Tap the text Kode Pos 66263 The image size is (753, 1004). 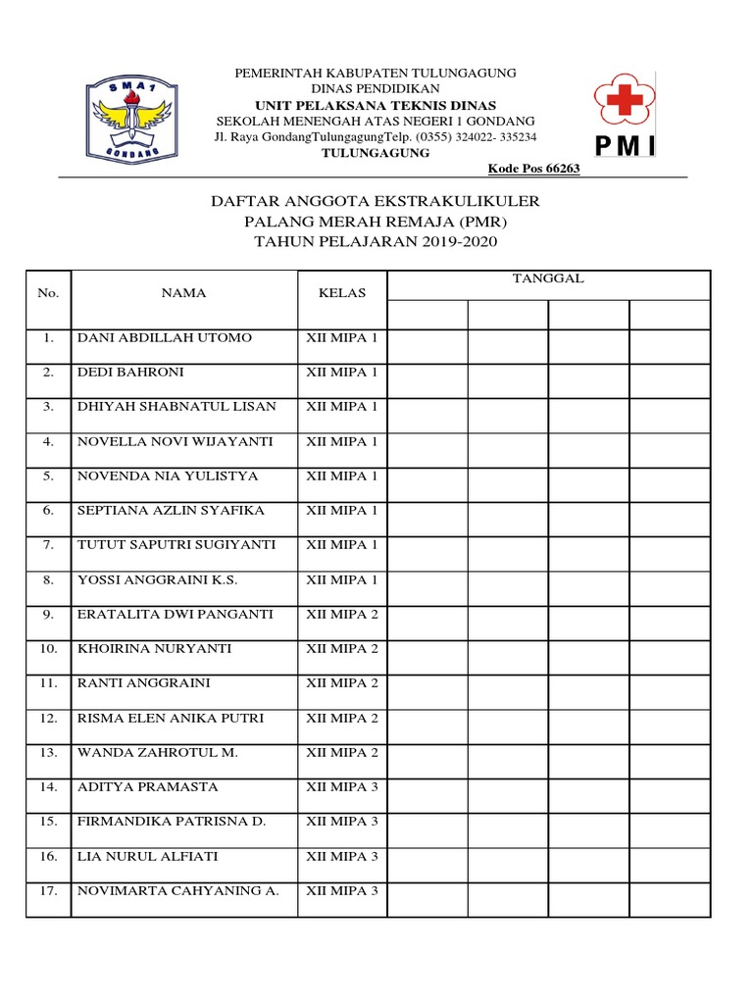pyautogui.click(x=533, y=169)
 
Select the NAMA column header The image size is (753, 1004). pyautogui.click(x=183, y=293)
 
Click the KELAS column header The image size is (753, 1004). pyautogui.click(x=341, y=293)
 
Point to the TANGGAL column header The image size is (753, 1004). pyautogui.click(x=548, y=278)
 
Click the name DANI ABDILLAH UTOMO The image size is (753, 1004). pyautogui.click(x=165, y=338)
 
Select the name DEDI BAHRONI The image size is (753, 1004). pyautogui.click(x=130, y=373)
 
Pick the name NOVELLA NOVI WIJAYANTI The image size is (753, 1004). pyautogui.click(x=176, y=442)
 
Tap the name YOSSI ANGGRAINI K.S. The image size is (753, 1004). pyautogui.click(x=158, y=580)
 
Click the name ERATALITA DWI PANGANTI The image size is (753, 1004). pyautogui.click(x=176, y=615)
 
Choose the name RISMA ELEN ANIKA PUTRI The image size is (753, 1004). pyautogui.click(x=171, y=719)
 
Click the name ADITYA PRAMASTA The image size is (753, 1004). pyautogui.click(x=148, y=787)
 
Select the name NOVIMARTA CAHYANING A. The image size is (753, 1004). pyautogui.click(x=178, y=891)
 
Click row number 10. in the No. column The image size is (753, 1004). pyautogui.click(x=48, y=649)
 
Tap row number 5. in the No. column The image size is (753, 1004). pyautogui.click(x=48, y=477)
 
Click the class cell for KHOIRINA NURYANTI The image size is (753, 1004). pyautogui.click(x=341, y=649)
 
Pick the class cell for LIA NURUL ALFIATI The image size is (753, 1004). pyautogui.click(x=341, y=857)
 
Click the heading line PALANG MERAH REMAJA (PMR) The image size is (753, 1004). pyautogui.click(x=376, y=222)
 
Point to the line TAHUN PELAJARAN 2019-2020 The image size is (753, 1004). pyautogui.click(x=376, y=242)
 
